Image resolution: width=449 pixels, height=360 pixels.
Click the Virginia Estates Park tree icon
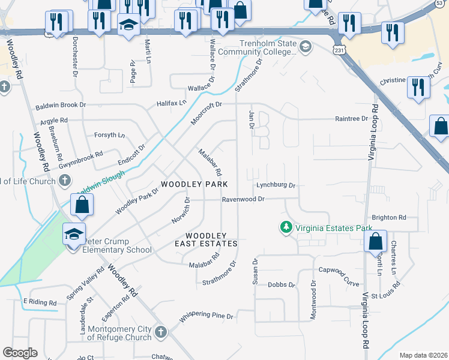[286, 227]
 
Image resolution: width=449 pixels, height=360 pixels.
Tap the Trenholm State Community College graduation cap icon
[305, 47]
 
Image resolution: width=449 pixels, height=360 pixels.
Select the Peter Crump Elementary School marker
[73, 234]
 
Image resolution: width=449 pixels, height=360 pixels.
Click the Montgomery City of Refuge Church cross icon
[160, 332]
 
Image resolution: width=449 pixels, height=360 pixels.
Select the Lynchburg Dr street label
[276, 185]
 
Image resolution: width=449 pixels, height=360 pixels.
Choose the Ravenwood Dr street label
[243, 199]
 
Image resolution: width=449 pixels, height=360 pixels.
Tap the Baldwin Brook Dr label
[61, 104]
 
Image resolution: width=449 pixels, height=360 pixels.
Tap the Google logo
[20, 353]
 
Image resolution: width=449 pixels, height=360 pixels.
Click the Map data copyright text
[423, 355]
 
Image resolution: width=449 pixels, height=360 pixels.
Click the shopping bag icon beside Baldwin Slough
[82, 204]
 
